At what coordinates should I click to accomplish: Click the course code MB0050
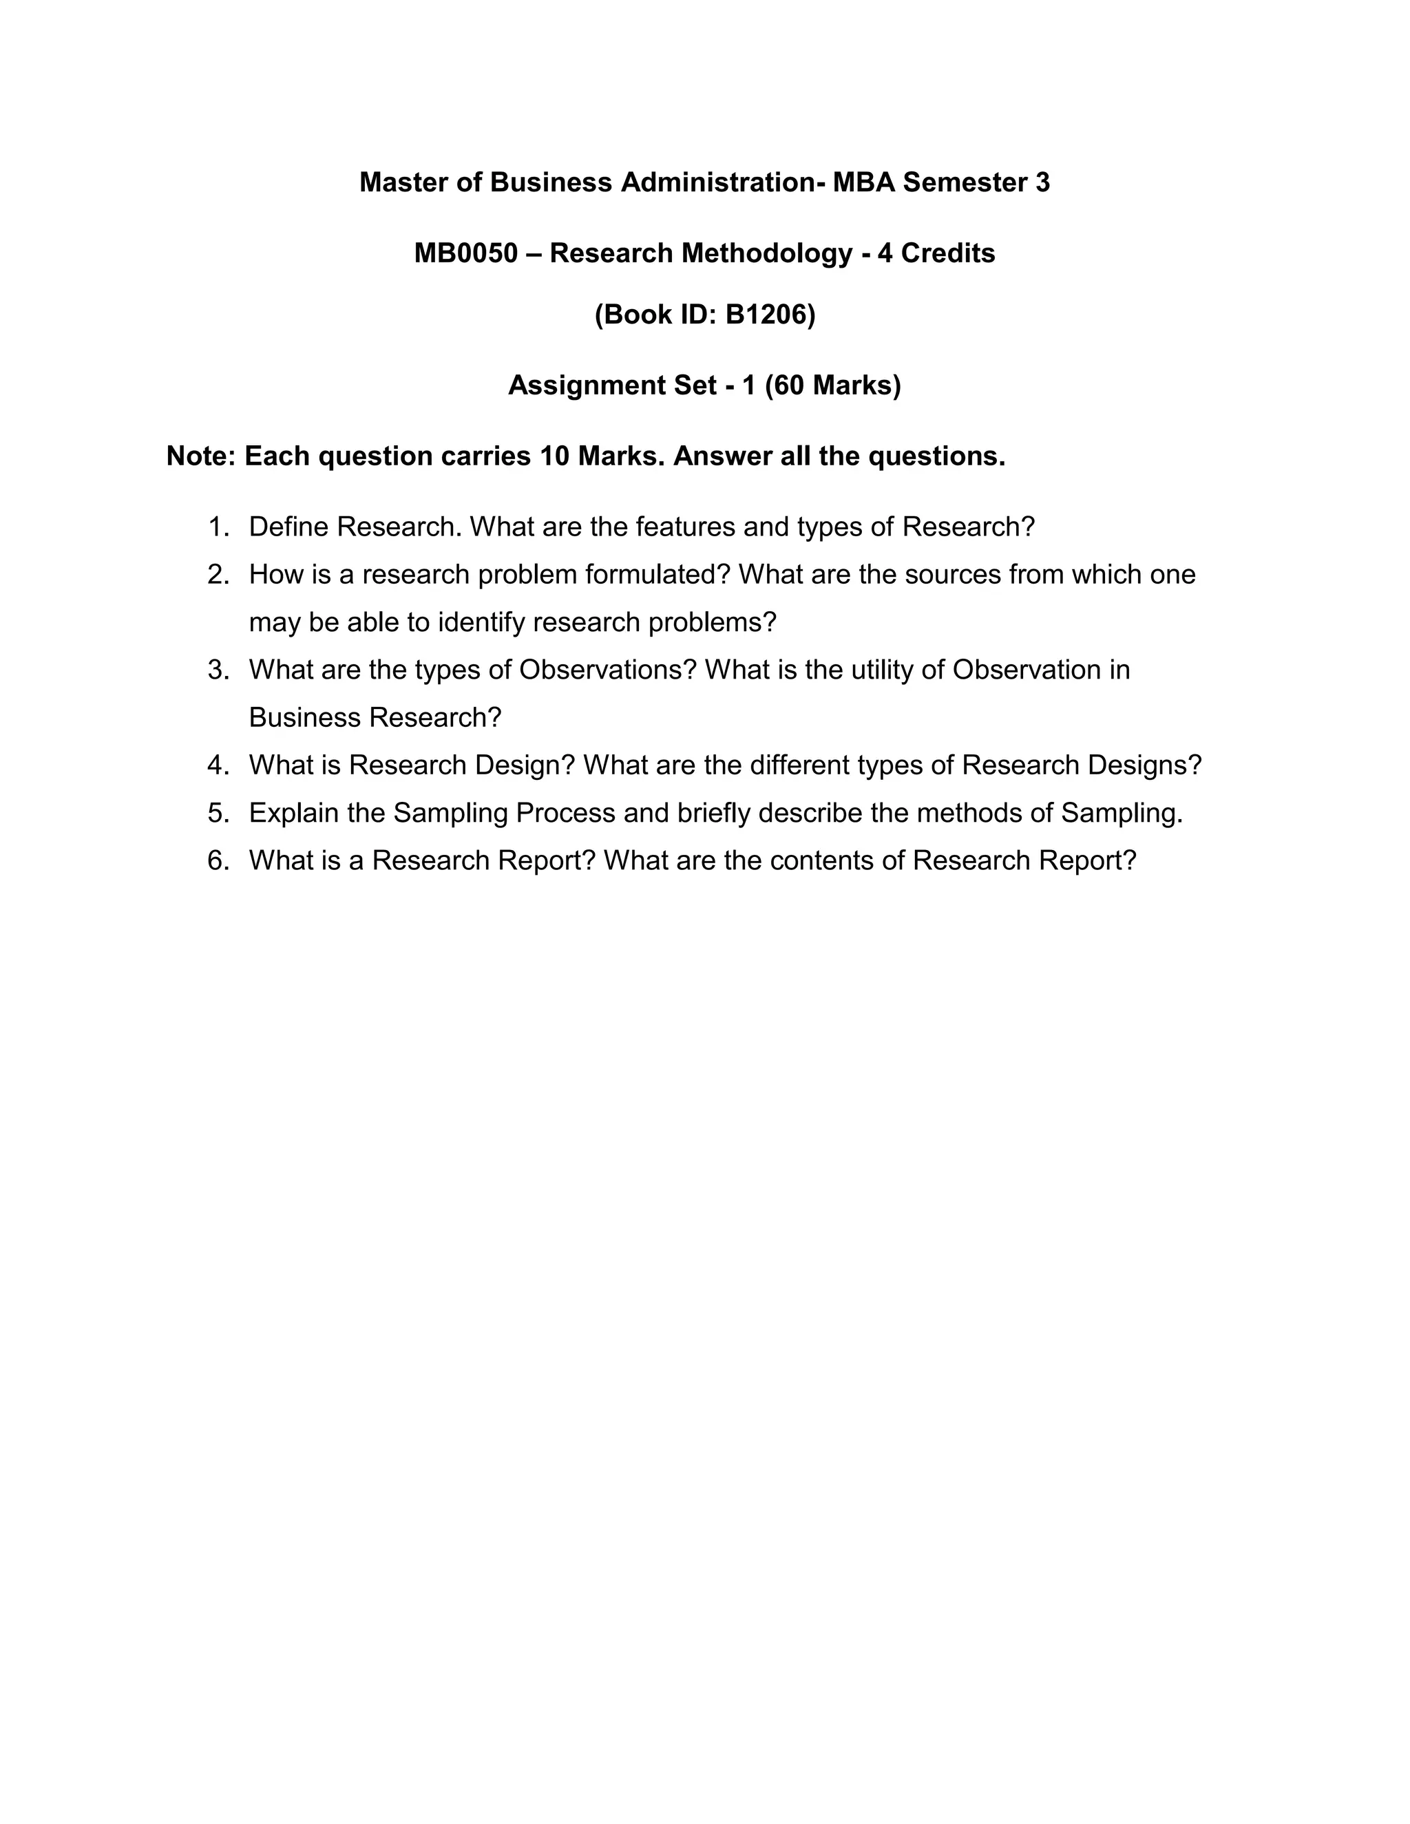click(x=465, y=253)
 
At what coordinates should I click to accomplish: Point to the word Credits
click(x=948, y=253)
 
